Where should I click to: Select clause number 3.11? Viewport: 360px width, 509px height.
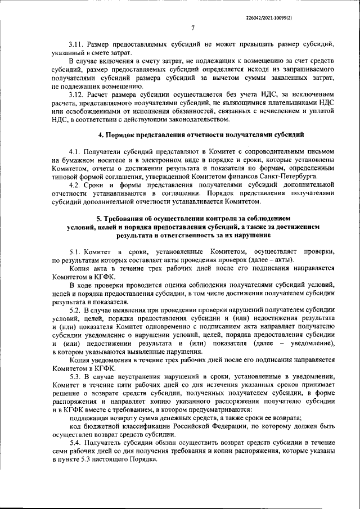click(x=77, y=44)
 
